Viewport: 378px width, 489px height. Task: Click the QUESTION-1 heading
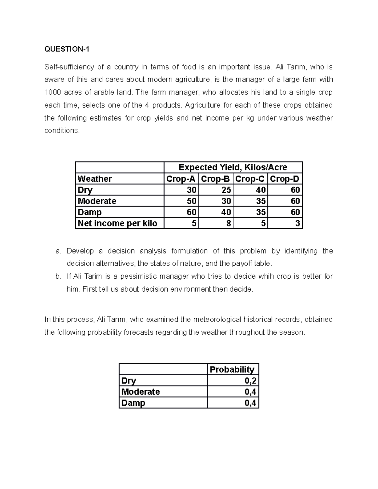pyautogui.click(x=67, y=49)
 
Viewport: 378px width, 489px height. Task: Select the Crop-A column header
pyautogui.click(x=181, y=179)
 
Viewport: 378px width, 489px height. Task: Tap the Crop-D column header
pyautogui.click(x=284, y=179)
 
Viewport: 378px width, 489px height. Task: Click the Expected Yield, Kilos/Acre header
pyautogui.click(x=233, y=167)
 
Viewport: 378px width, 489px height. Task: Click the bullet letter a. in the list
pyautogui.click(x=58, y=251)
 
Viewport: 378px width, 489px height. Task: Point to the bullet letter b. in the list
pyautogui.click(x=58, y=276)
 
